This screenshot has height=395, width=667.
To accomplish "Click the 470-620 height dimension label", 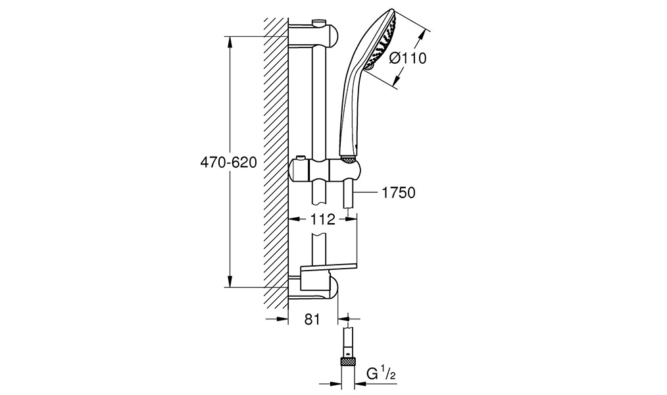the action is [x=228, y=162].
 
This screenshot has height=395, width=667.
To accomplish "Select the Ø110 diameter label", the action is [x=408, y=58].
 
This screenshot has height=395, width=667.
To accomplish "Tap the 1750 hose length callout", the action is [x=398, y=193].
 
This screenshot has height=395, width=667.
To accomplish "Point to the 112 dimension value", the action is [x=323, y=220].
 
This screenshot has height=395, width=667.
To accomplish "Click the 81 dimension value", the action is [x=312, y=319].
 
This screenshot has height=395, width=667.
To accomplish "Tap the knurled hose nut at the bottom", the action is [x=348, y=362].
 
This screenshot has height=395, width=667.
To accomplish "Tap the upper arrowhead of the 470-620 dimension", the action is [x=230, y=42].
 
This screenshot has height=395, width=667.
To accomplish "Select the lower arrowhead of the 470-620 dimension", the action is [x=230, y=281].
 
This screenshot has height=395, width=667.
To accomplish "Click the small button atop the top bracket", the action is [x=318, y=22].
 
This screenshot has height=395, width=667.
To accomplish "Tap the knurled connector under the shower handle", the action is [x=349, y=159].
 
